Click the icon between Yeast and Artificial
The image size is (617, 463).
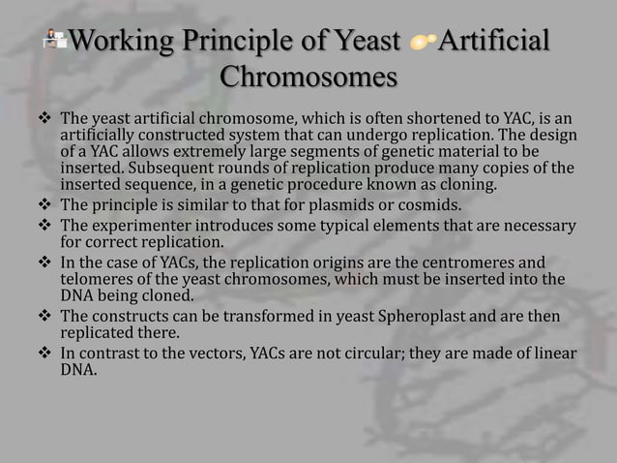tap(423, 44)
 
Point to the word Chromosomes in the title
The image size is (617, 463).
tap(308, 77)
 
